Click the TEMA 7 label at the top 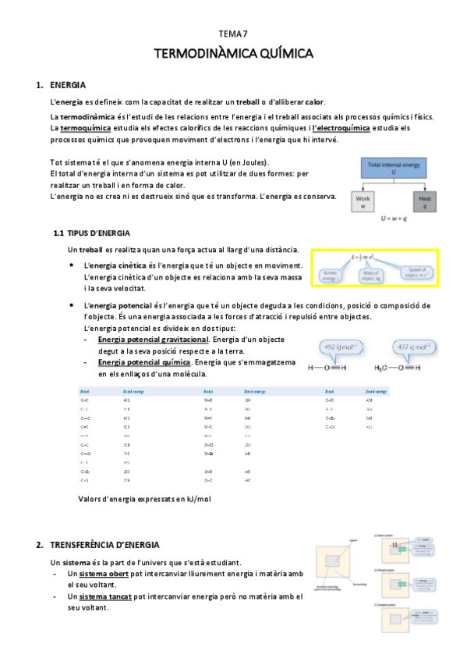[233, 34]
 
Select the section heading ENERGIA [67, 84]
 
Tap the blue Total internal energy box [394, 169]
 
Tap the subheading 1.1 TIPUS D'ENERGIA [91, 233]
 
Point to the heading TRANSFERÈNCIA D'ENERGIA [104, 544]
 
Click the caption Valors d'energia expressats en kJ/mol [145, 498]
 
